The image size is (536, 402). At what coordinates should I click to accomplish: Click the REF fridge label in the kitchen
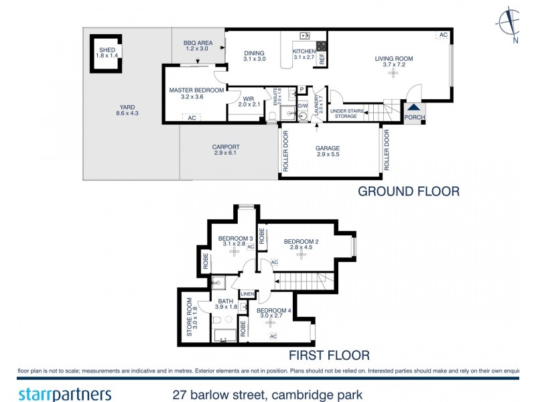click(322, 58)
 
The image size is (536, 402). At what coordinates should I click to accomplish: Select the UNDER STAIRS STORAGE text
click(346, 114)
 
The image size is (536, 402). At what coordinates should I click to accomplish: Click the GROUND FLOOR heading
click(409, 192)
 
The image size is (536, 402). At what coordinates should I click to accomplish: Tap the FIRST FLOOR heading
click(328, 355)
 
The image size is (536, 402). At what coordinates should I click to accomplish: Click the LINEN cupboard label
click(248, 293)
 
